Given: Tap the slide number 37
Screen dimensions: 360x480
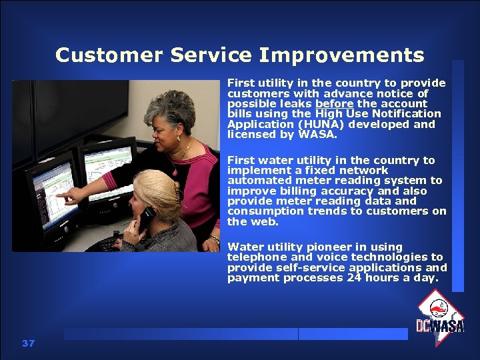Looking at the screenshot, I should [x=28, y=343].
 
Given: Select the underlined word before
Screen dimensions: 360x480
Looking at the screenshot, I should [x=335, y=104].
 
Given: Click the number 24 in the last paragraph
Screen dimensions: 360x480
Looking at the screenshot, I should [x=354, y=278].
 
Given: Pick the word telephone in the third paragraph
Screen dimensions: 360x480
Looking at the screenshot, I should [x=256, y=257].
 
